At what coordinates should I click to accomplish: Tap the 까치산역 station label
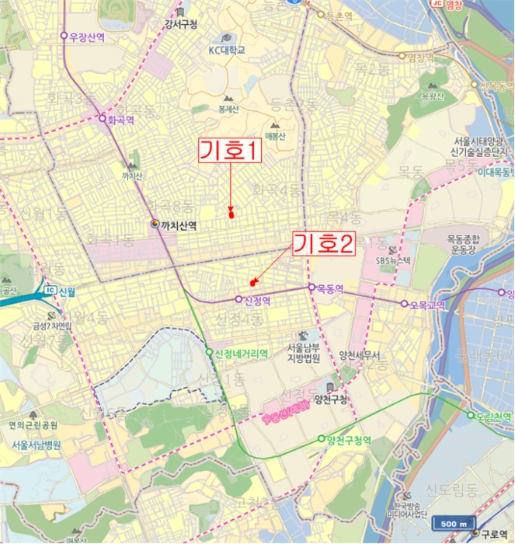point(175,225)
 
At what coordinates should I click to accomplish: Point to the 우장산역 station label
point(85,36)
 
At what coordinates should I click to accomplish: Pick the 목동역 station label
point(329,288)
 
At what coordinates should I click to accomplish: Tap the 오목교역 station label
point(427,304)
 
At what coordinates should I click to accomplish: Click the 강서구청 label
point(180,24)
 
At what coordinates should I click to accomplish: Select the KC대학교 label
point(226,50)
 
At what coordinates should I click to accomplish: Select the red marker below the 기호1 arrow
point(231,211)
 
